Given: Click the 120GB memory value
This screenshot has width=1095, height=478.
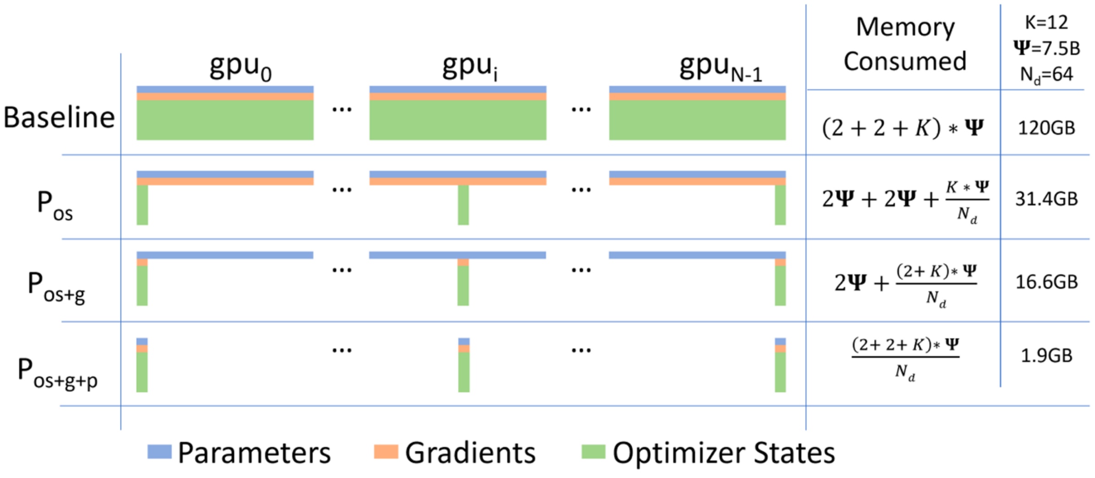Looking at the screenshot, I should [1046, 128].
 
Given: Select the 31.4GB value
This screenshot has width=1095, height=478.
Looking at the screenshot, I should [1046, 199].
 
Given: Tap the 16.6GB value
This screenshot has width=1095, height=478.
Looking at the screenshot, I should [1046, 282].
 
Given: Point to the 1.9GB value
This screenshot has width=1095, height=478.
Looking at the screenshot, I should [1046, 355].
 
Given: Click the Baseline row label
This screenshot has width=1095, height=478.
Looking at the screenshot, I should [59, 117].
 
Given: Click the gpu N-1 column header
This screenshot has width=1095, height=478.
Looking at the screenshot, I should [720, 68].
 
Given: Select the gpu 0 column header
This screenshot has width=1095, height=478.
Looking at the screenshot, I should [240, 68].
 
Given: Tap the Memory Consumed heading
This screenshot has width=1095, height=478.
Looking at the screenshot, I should [905, 44].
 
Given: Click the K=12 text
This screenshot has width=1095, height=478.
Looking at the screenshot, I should [1046, 22].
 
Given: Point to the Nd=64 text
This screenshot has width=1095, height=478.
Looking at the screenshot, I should [1046, 74].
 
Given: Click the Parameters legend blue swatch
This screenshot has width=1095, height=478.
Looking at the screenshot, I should [159, 451].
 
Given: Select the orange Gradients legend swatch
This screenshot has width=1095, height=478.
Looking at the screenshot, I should [386, 451].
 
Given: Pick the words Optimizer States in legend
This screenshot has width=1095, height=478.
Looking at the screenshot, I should [723, 453].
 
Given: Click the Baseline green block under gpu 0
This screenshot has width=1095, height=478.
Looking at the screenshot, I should [225, 120].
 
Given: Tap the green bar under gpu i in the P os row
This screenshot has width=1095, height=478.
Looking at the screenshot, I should [463, 205].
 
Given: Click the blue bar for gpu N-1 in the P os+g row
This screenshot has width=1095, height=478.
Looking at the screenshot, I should [697, 255].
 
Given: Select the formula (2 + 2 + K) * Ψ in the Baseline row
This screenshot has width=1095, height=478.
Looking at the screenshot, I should [903, 128].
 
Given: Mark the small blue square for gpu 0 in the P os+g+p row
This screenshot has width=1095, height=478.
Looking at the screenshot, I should [142, 341].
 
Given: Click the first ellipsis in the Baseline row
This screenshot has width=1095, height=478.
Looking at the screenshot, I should [342, 109].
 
